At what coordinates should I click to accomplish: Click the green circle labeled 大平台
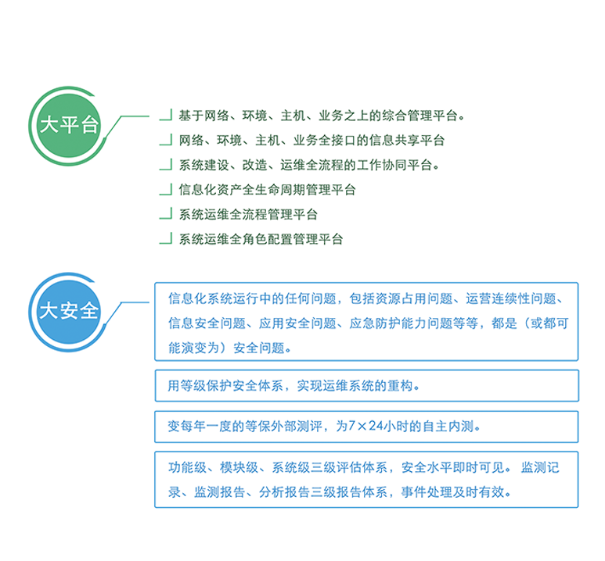(68, 126)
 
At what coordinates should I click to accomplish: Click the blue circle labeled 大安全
(68, 312)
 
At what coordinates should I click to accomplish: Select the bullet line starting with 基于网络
(322, 115)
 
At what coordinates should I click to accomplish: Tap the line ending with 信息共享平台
(312, 141)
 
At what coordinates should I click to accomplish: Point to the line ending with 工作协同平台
(308, 165)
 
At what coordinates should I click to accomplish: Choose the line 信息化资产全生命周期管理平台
(267, 190)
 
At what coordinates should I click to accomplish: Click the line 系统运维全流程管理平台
(248, 214)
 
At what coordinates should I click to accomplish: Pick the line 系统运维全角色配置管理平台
(261, 239)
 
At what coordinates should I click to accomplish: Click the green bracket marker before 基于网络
(166, 115)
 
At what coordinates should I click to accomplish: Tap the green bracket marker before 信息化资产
(166, 190)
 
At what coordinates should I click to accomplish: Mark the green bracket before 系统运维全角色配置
(166, 239)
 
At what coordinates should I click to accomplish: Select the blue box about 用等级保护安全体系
(366, 386)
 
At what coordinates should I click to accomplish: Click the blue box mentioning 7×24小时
(366, 427)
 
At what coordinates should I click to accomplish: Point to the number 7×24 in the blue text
(366, 426)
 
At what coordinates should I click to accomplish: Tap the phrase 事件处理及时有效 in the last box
(452, 492)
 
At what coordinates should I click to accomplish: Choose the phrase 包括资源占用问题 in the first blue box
(401, 298)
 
